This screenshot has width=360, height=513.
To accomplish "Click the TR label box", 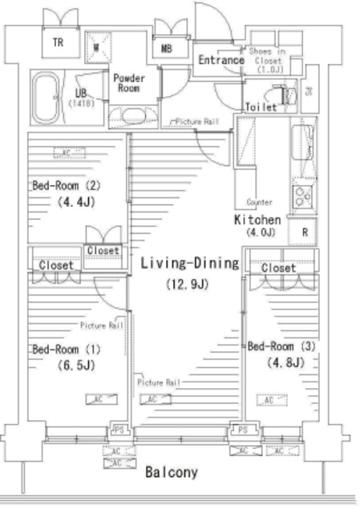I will pyautogui.click(x=59, y=42).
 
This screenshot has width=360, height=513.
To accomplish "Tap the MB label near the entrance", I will pyautogui.click(x=167, y=49).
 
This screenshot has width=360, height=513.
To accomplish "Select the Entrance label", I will pyautogui.click(x=220, y=60).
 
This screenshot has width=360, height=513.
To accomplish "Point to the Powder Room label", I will pyautogui.click(x=128, y=83).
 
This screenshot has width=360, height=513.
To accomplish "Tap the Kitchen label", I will pyautogui.click(x=257, y=220).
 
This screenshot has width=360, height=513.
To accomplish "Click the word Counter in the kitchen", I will pyautogui.click(x=261, y=202).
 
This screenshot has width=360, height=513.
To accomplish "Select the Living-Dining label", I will pyautogui.click(x=189, y=263).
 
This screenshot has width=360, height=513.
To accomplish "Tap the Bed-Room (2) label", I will pyautogui.click(x=66, y=186).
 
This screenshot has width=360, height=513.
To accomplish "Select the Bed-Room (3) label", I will pyautogui.click(x=281, y=346).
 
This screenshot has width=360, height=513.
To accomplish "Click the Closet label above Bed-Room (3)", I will pyautogui.click(x=278, y=268).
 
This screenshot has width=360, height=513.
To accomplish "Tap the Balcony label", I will pyautogui.click(x=171, y=473).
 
